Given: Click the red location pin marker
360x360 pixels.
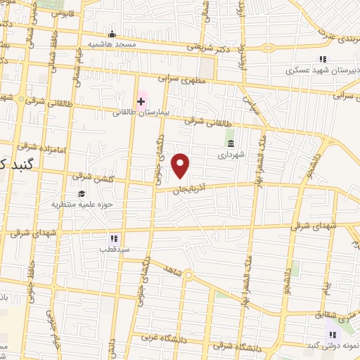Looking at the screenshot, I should [181, 165].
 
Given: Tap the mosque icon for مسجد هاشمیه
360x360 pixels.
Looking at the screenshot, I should [111, 34].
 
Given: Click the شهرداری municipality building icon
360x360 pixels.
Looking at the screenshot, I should [230, 143].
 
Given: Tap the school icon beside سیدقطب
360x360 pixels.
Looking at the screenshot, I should [113, 239].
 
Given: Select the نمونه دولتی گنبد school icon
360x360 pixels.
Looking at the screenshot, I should [333, 335].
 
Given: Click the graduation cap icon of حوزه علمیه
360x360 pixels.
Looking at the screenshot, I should [82, 194].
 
